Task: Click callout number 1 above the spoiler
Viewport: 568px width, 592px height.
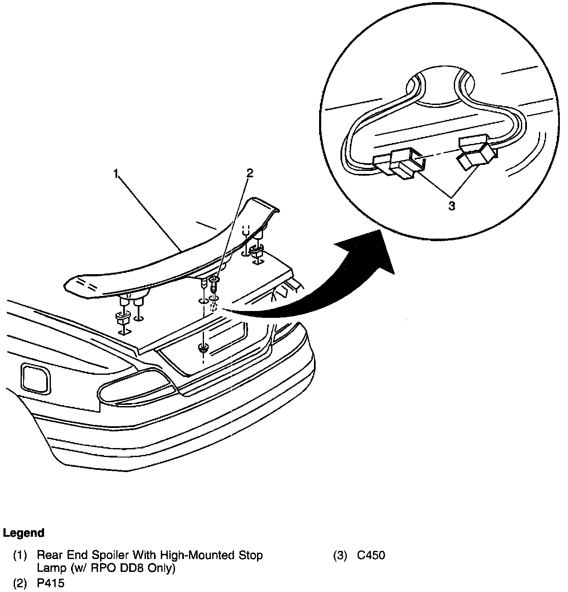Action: click(x=115, y=173)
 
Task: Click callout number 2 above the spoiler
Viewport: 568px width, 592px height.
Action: click(x=249, y=173)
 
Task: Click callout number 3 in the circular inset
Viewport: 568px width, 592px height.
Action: click(x=452, y=206)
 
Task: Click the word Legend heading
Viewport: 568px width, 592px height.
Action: click(x=24, y=533)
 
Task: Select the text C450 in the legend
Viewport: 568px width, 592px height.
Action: click(x=371, y=556)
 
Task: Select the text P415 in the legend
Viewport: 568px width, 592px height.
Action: click(x=50, y=583)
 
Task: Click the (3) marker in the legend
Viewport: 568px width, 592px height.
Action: click(x=340, y=556)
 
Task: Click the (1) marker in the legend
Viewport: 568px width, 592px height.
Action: click(x=20, y=556)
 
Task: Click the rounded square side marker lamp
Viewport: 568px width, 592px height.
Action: click(x=34, y=377)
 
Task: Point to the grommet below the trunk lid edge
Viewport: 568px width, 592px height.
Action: click(x=203, y=348)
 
